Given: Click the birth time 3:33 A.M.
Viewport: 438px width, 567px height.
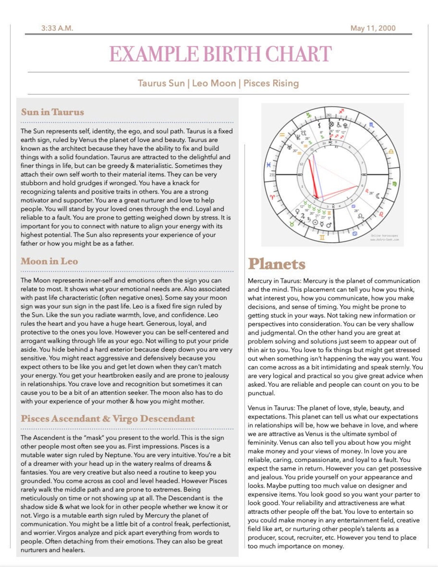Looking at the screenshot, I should click(57, 28).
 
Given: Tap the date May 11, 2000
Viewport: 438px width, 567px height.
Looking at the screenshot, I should click(373, 28).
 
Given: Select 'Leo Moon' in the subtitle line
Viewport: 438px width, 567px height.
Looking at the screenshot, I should click(214, 83).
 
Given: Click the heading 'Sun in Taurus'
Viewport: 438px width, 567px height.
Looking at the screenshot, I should click(53, 112).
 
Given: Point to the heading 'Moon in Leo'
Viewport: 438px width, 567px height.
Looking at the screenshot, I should click(49, 262).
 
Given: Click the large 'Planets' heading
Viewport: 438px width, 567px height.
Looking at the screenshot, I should click(277, 264).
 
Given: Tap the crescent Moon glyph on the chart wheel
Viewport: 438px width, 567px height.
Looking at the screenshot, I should click(378, 196).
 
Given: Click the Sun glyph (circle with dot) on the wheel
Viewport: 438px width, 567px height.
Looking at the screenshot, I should click(315, 222).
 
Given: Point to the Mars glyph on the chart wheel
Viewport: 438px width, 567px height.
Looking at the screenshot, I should click(329, 225).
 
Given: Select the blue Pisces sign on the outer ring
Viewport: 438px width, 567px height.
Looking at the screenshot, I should click(268, 165).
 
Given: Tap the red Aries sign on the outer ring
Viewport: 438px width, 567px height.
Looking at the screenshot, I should click(273, 197).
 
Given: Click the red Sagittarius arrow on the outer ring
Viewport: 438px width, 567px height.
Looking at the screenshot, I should click(341, 111).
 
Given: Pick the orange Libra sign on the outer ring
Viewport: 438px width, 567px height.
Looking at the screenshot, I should click(391, 152).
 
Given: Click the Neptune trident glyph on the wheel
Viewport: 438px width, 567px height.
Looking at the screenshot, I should click(298, 137).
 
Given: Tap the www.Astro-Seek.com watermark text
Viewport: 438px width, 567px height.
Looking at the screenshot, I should click(384, 240).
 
